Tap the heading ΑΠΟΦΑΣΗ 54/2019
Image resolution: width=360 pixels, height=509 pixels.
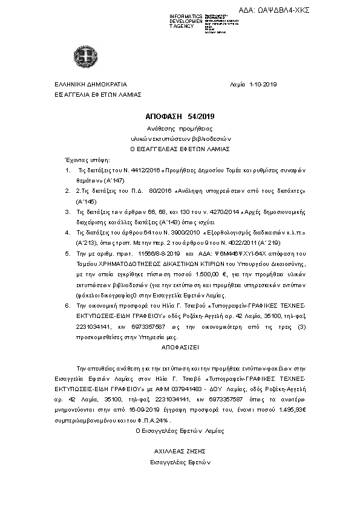[x=176, y=116]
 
